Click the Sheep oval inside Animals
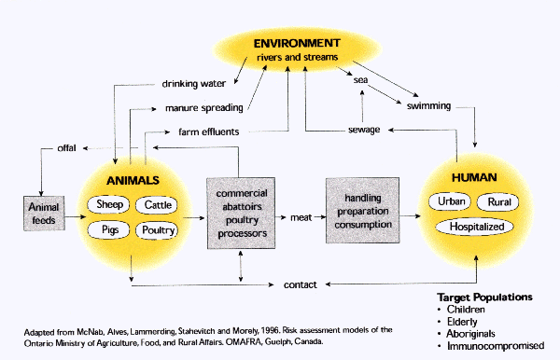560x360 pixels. point(110,205)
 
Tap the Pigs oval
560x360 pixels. point(108,229)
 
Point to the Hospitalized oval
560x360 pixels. point(475,227)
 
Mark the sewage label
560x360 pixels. point(362,130)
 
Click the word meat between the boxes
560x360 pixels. point(300,217)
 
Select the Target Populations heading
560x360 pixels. point(485,298)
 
